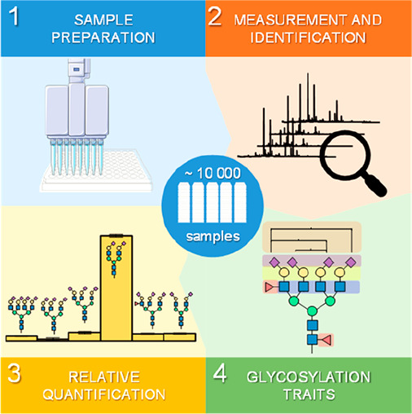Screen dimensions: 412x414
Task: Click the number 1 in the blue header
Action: [14, 16]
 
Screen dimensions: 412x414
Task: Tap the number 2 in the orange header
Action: [215, 16]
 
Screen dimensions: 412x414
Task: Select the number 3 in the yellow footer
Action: [14, 373]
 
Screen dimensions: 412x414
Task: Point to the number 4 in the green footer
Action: [220, 372]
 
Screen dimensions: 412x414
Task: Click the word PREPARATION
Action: [103, 37]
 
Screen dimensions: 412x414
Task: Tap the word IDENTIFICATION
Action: [308, 37]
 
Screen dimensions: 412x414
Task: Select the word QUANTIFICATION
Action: [104, 394]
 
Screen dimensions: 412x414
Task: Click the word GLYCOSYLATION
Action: [309, 377]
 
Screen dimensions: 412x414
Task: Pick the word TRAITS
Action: [309, 394]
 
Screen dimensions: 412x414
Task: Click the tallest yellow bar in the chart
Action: [116, 288]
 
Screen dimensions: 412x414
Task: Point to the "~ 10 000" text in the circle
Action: [213, 173]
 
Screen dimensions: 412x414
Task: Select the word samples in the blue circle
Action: [213, 236]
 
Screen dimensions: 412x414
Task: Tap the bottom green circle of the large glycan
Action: [312, 310]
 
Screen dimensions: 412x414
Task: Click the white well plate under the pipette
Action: [95, 172]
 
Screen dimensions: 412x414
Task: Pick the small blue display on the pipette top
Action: [77, 69]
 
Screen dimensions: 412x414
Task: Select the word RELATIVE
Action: [104, 377]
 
